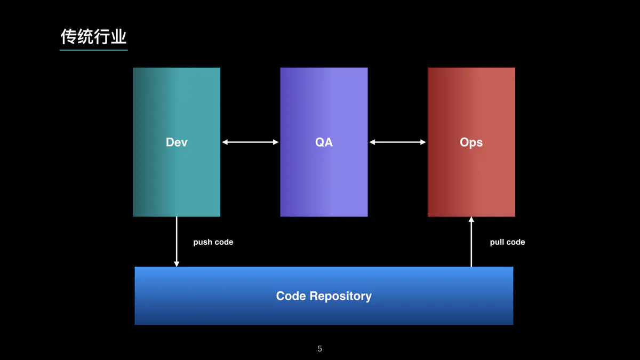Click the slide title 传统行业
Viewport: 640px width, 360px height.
click(x=93, y=37)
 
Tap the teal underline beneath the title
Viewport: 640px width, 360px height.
click(x=94, y=50)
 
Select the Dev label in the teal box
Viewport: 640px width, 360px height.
click(x=177, y=142)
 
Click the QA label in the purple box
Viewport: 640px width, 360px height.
click(x=324, y=142)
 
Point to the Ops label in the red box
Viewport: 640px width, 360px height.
click(x=471, y=142)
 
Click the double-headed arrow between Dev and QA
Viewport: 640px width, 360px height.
click(x=250, y=142)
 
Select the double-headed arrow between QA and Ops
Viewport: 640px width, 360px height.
click(x=397, y=142)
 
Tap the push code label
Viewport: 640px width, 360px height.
click(x=213, y=242)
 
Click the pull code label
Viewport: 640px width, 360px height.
click(x=507, y=242)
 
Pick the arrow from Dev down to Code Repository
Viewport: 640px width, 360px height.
click(x=177, y=242)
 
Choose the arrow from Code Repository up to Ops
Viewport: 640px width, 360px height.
click(x=471, y=242)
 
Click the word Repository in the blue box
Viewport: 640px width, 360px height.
click(x=341, y=297)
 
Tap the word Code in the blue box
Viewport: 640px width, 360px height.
click(x=291, y=296)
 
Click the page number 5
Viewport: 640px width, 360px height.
click(x=319, y=349)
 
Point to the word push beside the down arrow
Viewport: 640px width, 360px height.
click(x=203, y=243)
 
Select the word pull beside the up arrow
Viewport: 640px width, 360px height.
click(x=497, y=243)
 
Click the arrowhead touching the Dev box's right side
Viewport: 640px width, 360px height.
click(x=225, y=142)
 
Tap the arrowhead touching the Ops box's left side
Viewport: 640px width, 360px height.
click(x=423, y=142)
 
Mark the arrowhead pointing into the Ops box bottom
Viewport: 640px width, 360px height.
click(x=471, y=219)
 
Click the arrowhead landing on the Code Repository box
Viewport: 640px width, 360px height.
click(x=177, y=264)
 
